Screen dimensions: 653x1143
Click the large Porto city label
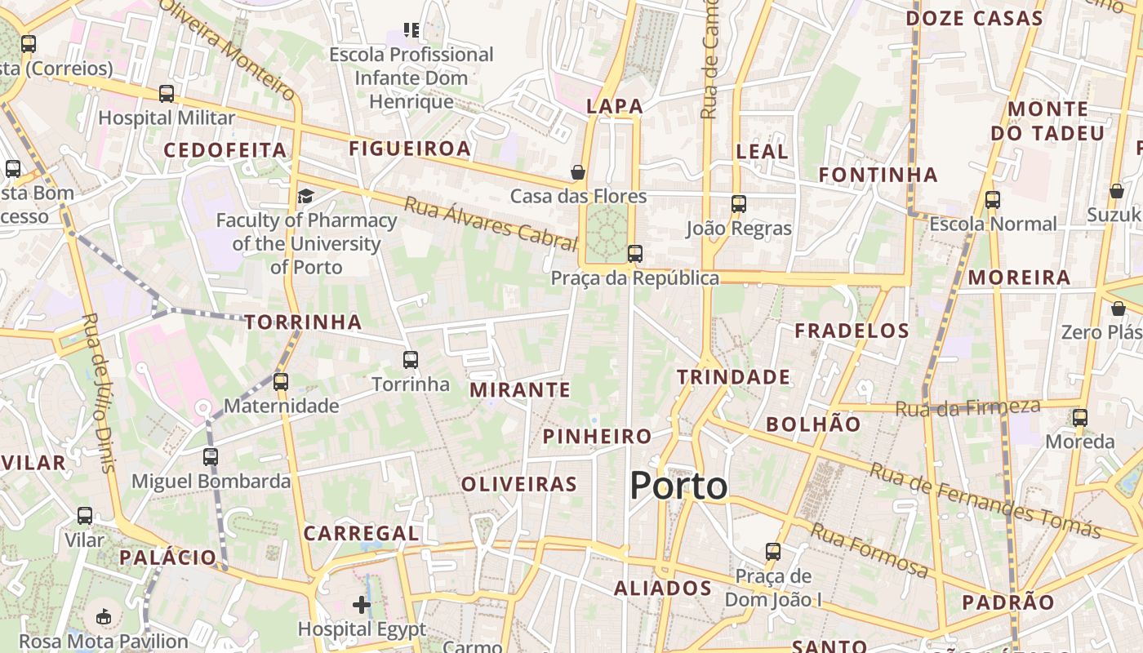[x=678, y=486]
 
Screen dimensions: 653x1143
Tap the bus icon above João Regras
[x=739, y=204]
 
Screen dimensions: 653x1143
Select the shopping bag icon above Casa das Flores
[x=578, y=172]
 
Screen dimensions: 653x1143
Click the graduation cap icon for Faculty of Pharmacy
[x=305, y=196]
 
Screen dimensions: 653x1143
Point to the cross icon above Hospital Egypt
[x=362, y=605]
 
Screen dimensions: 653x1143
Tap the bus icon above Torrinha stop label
[x=411, y=359]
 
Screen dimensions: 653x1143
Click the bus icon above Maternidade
[x=281, y=381]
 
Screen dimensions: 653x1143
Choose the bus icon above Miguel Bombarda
[x=211, y=456]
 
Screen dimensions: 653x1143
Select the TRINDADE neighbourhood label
[x=733, y=377]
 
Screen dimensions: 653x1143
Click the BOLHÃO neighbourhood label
[x=813, y=424]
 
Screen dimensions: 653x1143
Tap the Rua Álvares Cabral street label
[x=491, y=223]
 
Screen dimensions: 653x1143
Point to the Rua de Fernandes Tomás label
[x=985, y=500]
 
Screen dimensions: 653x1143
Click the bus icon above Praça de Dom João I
[x=773, y=552]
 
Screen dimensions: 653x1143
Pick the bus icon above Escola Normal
[x=993, y=200]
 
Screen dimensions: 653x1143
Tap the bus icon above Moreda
[x=1080, y=418]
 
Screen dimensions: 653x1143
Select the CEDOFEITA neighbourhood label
[x=225, y=150]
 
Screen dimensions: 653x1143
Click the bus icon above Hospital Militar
[x=167, y=94]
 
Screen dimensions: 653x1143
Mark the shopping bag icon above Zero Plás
[x=1119, y=309]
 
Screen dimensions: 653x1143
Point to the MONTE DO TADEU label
[x=1047, y=121]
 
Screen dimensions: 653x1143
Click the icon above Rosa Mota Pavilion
[x=104, y=616]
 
